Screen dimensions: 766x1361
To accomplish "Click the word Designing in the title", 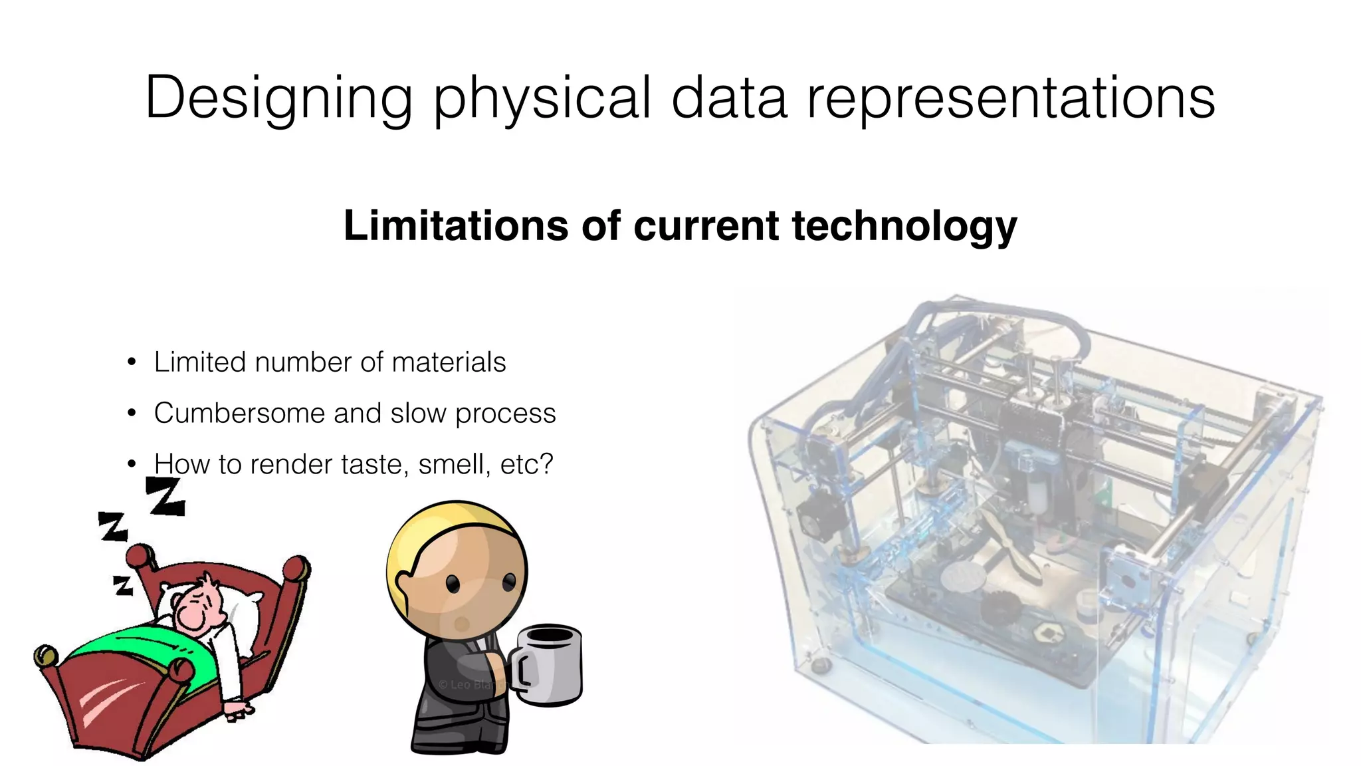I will [x=278, y=98].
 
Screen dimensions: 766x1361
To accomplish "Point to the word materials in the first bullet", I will [x=449, y=363].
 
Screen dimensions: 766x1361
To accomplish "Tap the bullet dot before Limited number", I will [x=132, y=363].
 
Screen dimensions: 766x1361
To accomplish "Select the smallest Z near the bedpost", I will [x=122, y=586].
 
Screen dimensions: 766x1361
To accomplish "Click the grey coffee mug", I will [x=548, y=665].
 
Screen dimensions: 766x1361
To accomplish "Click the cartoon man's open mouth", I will [x=461, y=624].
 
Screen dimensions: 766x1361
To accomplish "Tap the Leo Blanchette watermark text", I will [x=468, y=684].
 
